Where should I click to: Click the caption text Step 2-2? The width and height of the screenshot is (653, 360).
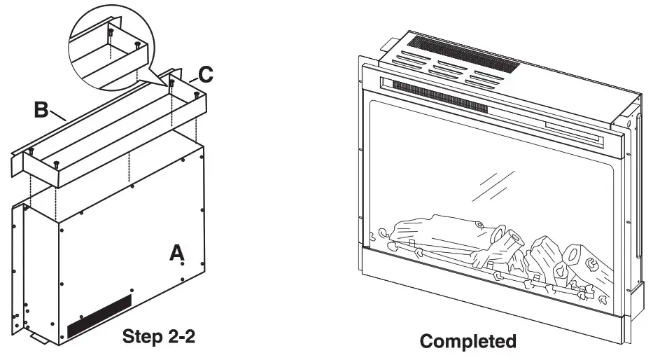tap(158, 336)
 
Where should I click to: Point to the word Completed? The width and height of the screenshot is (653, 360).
tap(468, 341)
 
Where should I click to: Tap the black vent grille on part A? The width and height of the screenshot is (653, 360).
tap(99, 315)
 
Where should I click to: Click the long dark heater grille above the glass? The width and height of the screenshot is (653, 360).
tap(441, 98)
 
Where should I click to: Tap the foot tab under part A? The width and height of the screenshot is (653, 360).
tap(41, 339)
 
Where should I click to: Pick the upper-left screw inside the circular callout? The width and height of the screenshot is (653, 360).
tap(111, 32)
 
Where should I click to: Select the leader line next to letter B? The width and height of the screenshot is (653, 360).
tap(58, 115)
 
